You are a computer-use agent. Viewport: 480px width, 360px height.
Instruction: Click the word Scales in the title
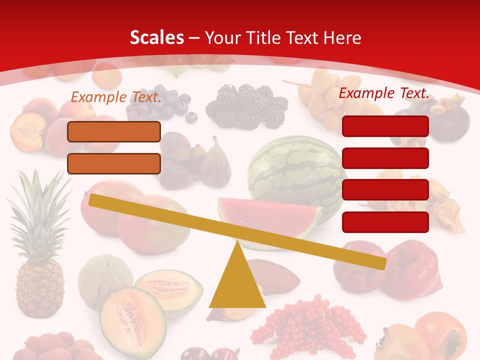tap(156, 37)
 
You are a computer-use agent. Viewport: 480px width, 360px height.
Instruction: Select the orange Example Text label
tap(116, 96)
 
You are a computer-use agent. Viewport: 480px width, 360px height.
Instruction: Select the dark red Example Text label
tap(384, 92)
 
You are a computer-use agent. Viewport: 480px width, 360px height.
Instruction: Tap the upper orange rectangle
tap(114, 131)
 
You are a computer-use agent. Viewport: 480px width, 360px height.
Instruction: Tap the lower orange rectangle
tap(114, 163)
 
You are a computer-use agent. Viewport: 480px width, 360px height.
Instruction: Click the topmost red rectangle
tap(385, 126)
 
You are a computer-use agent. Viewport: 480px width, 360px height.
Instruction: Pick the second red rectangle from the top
tap(385, 158)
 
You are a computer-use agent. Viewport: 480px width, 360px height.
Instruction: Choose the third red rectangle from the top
tap(385, 189)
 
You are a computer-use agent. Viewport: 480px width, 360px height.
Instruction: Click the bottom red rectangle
tap(385, 222)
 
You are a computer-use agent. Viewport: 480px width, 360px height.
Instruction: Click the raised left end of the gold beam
tap(95, 200)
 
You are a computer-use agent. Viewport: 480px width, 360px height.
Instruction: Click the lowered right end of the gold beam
tap(380, 263)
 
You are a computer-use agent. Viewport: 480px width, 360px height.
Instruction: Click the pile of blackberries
tap(247, 105)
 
